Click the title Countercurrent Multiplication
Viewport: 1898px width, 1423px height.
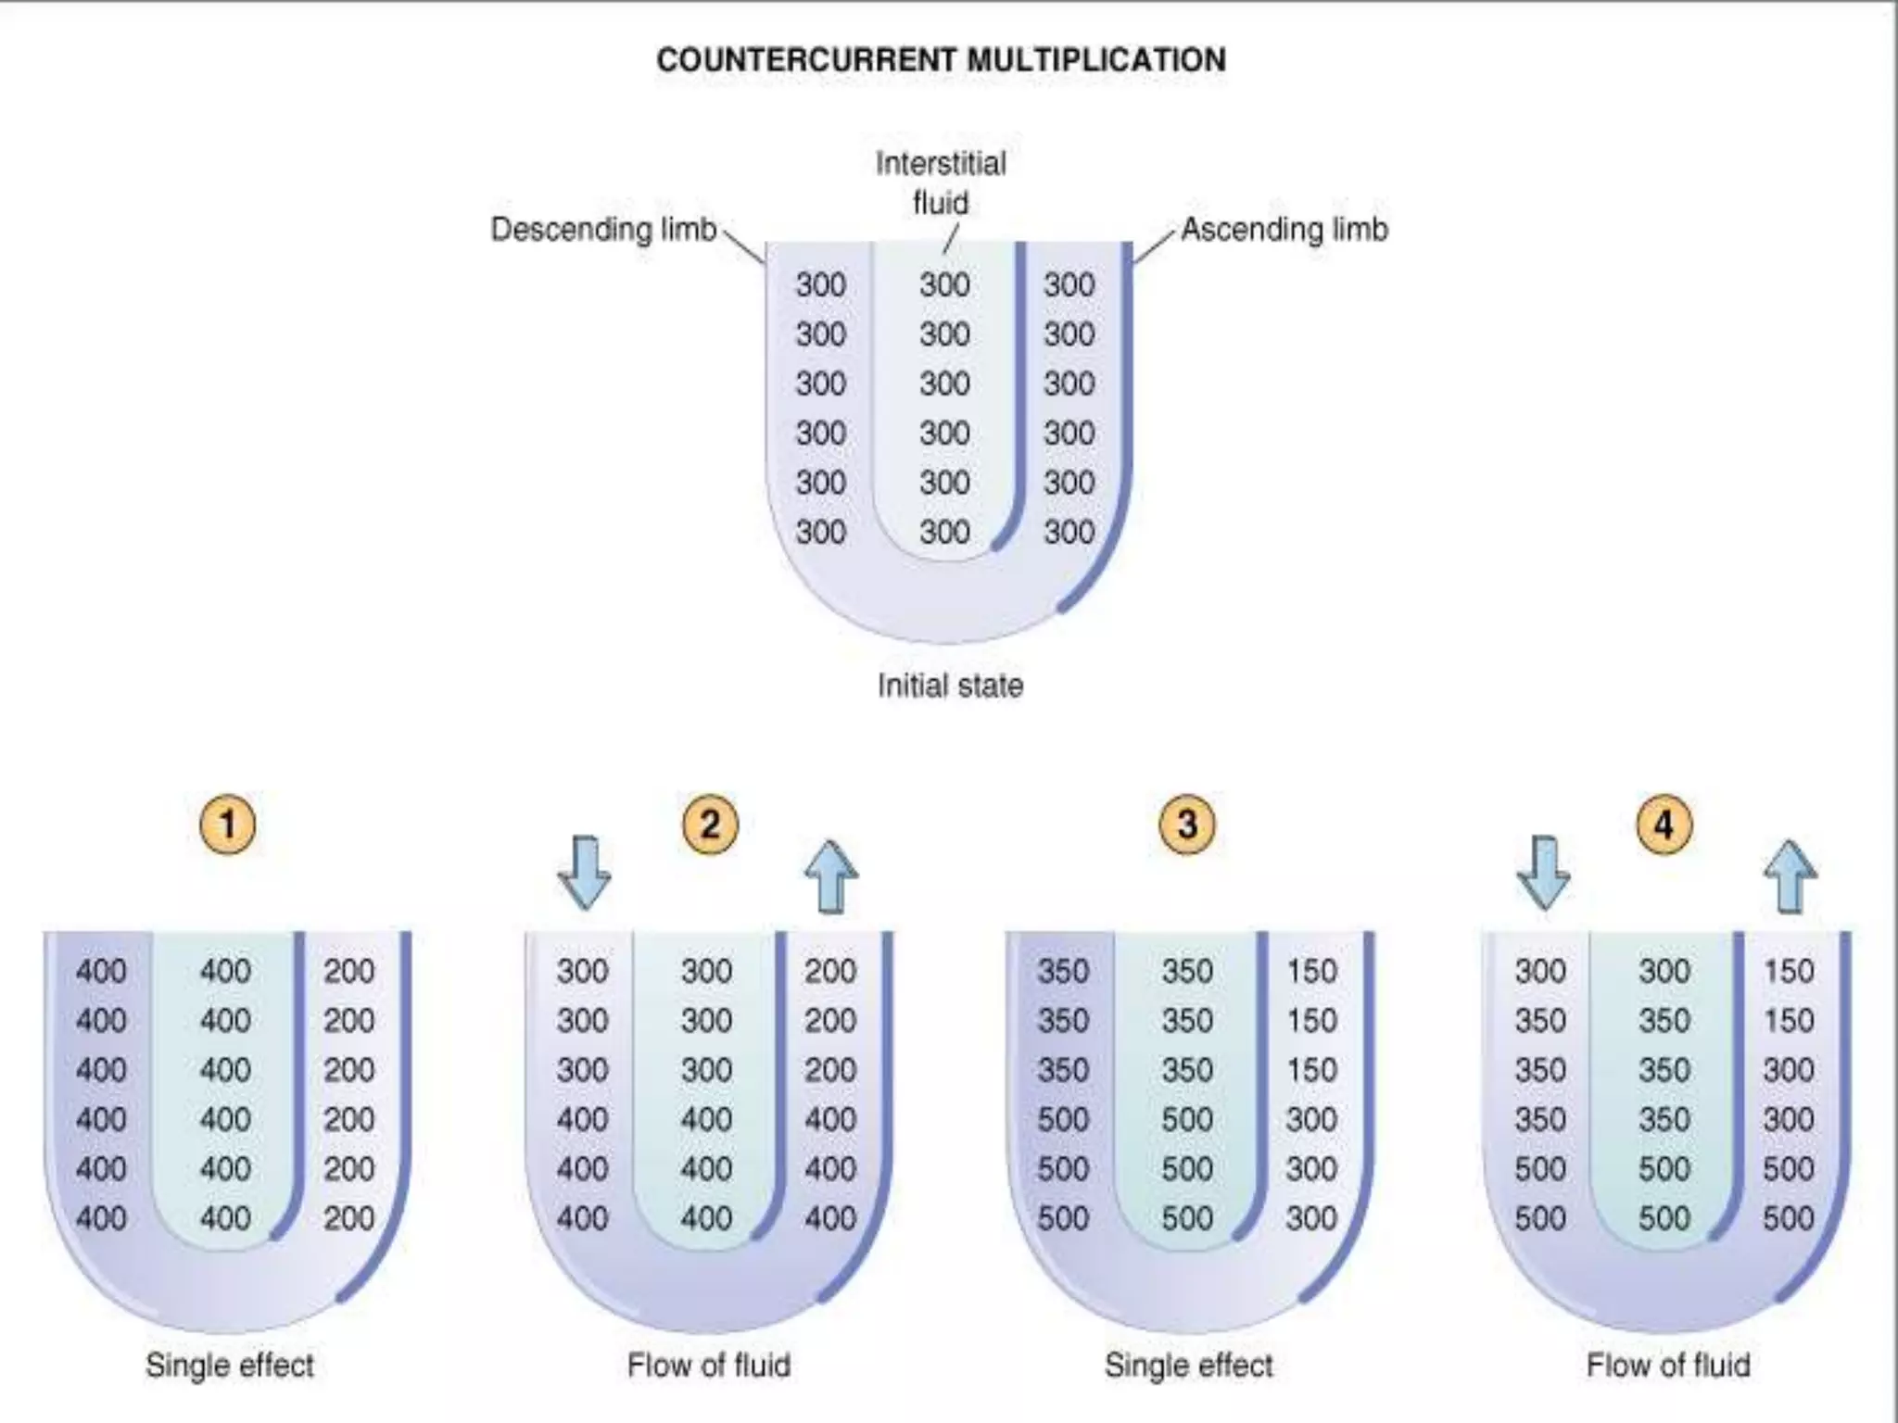coord(941,60)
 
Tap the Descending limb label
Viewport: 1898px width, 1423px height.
coord(603,229)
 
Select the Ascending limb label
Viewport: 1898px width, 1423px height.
coord(1284,229)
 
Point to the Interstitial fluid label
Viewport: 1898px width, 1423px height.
coord(941,183)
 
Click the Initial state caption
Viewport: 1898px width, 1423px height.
coord(950,686)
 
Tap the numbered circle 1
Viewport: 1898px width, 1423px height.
coord(228,824)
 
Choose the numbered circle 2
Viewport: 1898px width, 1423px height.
coord(710,824)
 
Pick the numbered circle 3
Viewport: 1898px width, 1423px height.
coord(1187,824)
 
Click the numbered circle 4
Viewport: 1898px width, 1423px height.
coord(1664,824)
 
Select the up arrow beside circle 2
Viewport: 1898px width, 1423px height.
coord(831,876)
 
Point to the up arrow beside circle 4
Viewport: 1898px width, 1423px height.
coord(1790,876)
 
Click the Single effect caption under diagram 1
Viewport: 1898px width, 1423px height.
coord(230,1365)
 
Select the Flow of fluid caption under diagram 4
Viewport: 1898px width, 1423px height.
coord(1668,1365)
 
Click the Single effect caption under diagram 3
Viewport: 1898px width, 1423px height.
coord(1189,1365)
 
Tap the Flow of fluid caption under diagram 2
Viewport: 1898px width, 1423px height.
coord(709,1365)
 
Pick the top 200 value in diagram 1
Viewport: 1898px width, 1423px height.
coord(348,971)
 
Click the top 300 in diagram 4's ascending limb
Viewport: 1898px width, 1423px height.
coord(1788,1070)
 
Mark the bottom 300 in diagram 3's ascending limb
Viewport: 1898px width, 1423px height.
coord(1311,1218)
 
